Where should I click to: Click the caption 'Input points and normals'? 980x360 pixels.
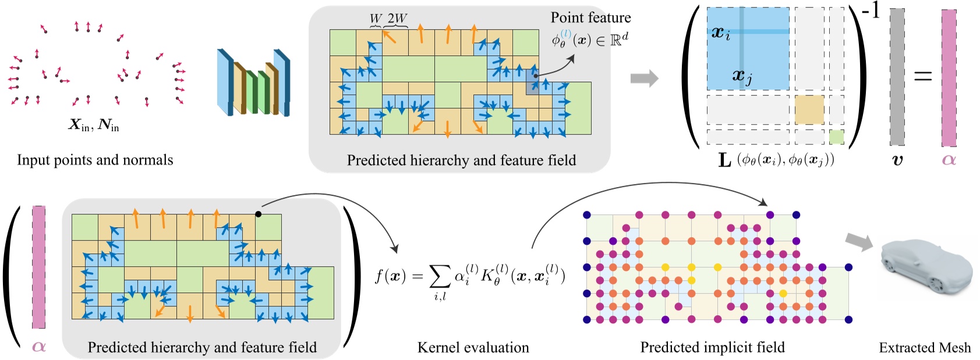pos(95,160)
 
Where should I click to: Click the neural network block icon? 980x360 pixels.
pos(253,83)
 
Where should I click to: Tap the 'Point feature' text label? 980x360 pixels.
pos(590,17)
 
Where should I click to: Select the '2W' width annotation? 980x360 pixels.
pos(397,18)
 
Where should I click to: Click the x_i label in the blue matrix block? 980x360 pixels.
pos(721,33)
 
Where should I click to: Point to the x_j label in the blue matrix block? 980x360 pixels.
pos(742,75)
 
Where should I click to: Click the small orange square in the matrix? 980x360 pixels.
pos(809,110)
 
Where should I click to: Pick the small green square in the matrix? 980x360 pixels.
pos(836,137)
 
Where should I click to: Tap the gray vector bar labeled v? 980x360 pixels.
pos(897,77)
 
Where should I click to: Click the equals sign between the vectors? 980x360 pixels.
pos(922,76)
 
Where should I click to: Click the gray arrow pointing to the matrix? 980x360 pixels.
pos(644,78)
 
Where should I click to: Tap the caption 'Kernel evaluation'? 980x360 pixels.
pos(473,348)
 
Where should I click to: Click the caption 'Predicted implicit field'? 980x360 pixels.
pos(712,348)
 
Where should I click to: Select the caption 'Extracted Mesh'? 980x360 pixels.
pos(925,348)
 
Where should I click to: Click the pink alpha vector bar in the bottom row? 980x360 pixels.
pos(38,267)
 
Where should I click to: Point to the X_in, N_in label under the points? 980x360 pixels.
pos(94,125)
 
